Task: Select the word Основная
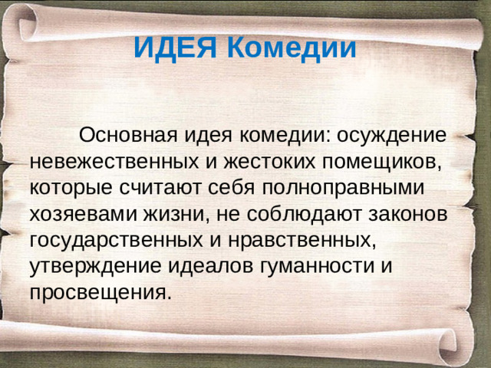tap(130, 136)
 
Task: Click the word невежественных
tap(117, 163)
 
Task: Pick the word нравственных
tap(303, 241)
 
